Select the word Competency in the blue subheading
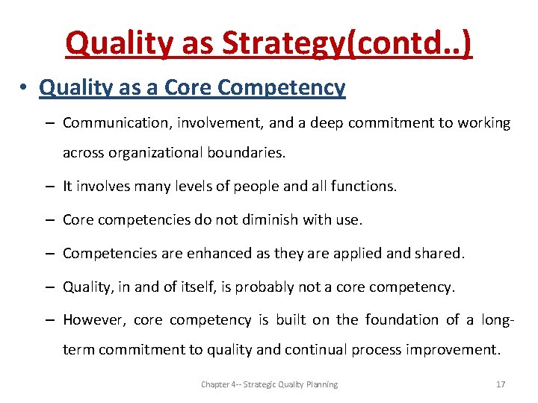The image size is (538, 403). [x=281, y=88]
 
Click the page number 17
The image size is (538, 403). [x=501, y=384]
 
